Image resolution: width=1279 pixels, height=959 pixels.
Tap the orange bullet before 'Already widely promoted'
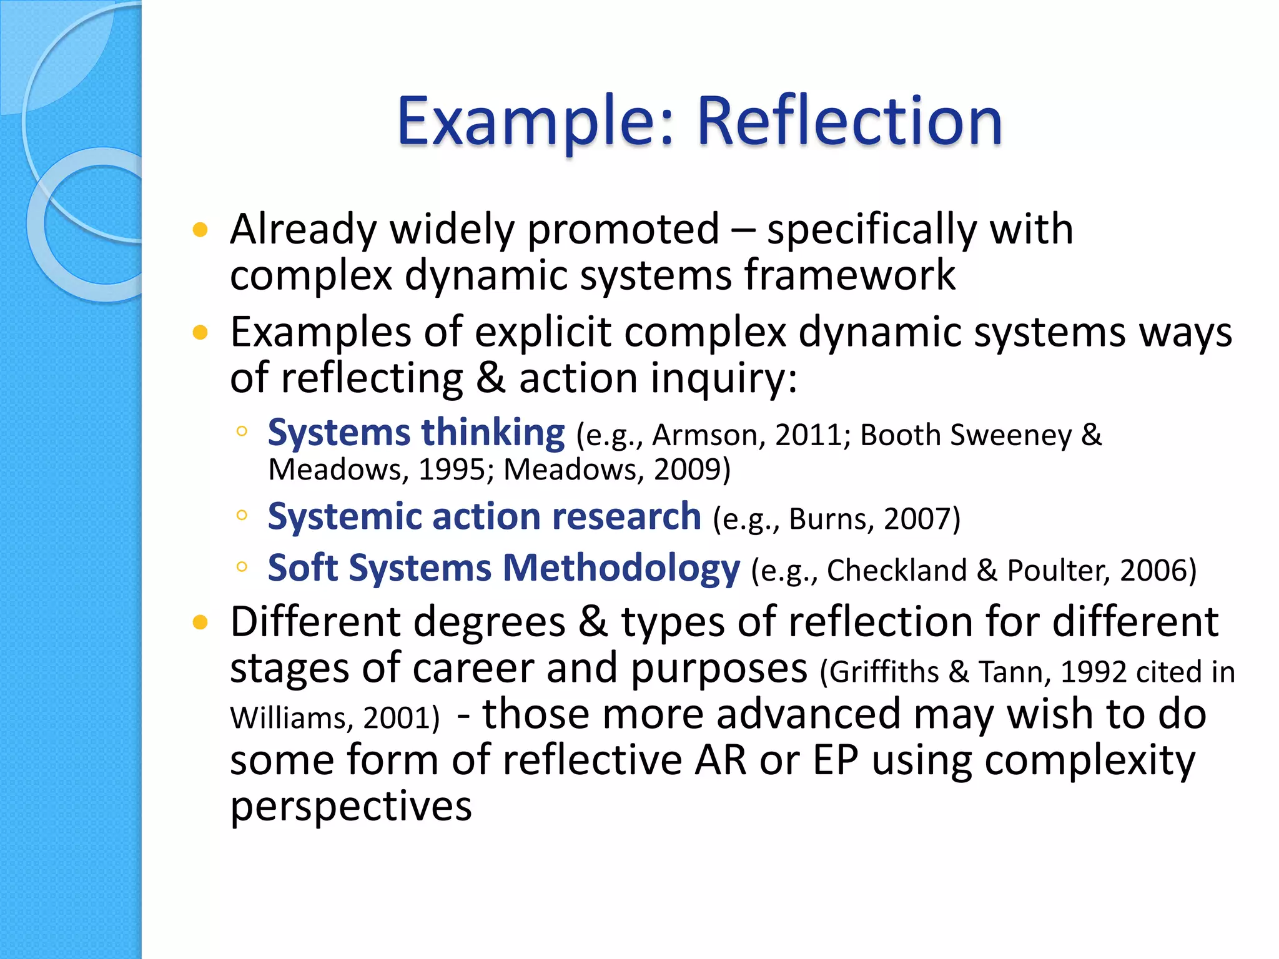point(200,230)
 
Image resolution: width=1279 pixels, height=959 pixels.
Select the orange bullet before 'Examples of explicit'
point(200,333)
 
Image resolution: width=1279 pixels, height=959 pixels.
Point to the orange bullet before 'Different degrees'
point(200,622)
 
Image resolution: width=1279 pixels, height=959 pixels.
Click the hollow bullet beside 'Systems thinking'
point(242,431)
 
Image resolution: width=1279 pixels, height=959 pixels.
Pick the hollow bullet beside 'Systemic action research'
point(242,515)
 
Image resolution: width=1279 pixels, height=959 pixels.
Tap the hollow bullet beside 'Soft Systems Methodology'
point(242,567)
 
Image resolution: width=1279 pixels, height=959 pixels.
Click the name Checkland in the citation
point(897,571)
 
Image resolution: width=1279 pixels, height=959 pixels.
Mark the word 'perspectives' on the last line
point(351,807)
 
